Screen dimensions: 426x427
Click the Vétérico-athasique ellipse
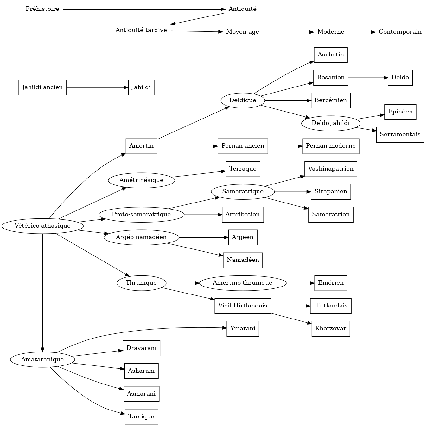pyautogui.click(x=42, y=226)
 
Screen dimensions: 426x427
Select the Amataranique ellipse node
pyautogui.click(x=42, y=360)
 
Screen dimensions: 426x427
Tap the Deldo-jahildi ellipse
pyautogui.click(x=331, y=123)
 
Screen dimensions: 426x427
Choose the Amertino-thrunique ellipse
pyautogui.click(x=243, y=283)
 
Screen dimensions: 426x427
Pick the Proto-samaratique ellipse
pyautogui.click(x=141, y=215)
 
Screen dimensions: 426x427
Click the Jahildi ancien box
pyautogui.click(x=42, y=87)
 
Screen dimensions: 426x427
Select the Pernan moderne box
pyautogui.click(x=331, y=146)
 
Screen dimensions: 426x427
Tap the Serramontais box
pyautogui.click(x=400, y=135)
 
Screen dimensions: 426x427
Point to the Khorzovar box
pyautogui.click(x=331, y=329)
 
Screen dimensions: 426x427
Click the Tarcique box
pyautogui.click(x=141, y=417)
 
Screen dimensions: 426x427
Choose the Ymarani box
pyautogui.click(x=243, y=329)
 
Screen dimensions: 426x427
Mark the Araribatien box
pyautogui.click(x=243, y=215)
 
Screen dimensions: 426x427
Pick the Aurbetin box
pyautogui.click(x=331, y=55)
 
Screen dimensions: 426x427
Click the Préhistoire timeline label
pyautogui.click(x=42, y=9)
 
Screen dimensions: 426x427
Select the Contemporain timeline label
pyautogui.click(x=400, y=32)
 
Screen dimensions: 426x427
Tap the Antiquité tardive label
pyautogui.click(x=141, y=30)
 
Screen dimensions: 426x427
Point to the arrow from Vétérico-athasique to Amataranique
pyautogui.click(x=42, y=292)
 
